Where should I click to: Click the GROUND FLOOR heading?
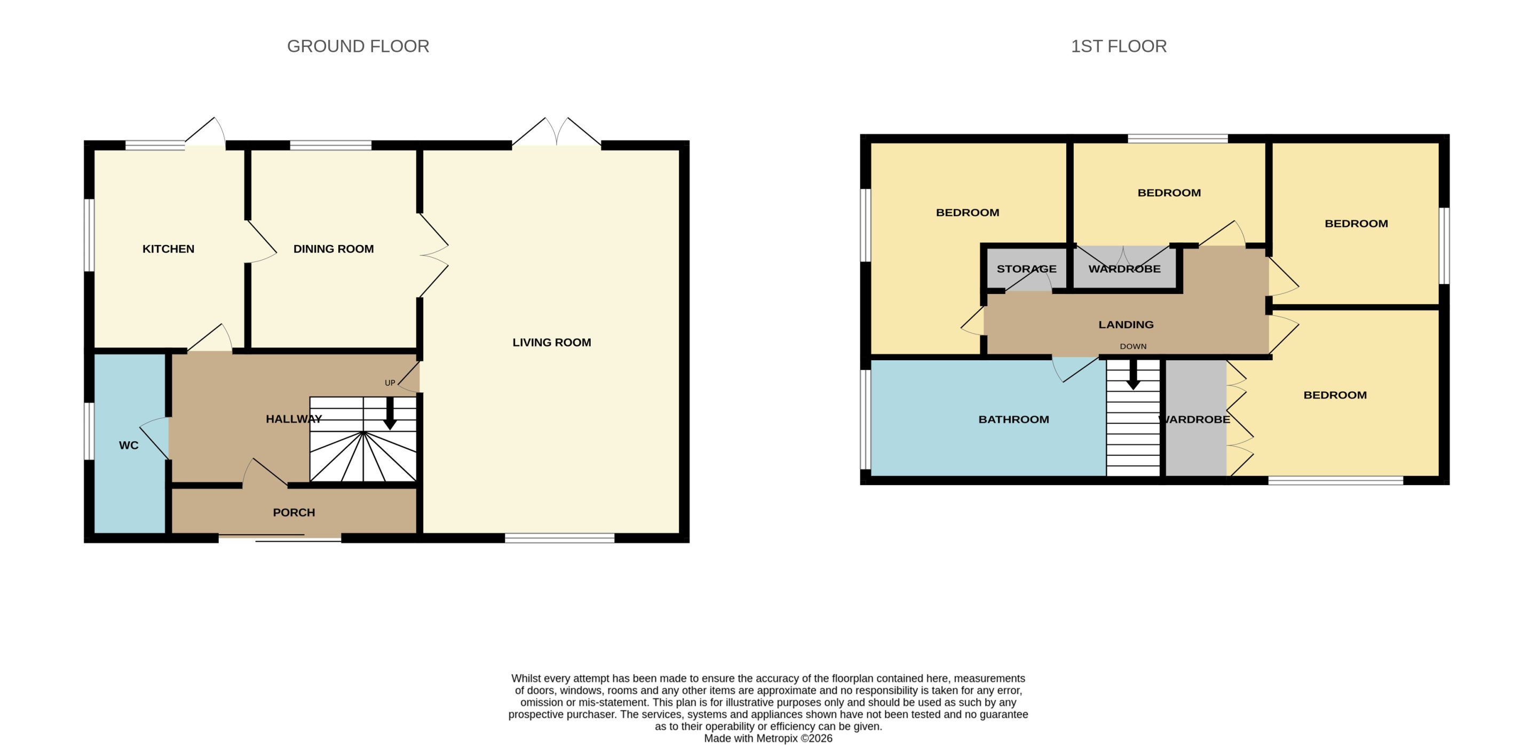pyautogui.click(x=358, y=46)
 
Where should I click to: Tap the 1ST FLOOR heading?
pyautogui.click(x=1118, y=46)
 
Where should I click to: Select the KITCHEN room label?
pyautogui.click(x=168, y=249)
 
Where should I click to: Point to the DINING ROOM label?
pyautogui.click(x=334, y=249)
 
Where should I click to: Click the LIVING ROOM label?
pyautogui.click(x=552, y=343)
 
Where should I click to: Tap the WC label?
pyautogui.click(x=129, y=445)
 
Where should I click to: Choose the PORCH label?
pyautogui.click(x=294, y=512)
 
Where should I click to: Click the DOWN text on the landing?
pyautogui.click(x=1133, y=346)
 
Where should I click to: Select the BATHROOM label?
pyautogui.click(x=1014, y=419)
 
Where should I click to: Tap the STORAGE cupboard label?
pyautogui.click(x=1026, y=269)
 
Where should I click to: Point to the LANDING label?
pyautogui.click(x=1126, y=324)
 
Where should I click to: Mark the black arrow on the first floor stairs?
pyautogui.click(x=1133, y=375)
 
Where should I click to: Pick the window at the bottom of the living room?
pyautogui.click(x=560, y=538)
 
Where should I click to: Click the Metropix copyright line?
pyautogui.click(x=768, y=739)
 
